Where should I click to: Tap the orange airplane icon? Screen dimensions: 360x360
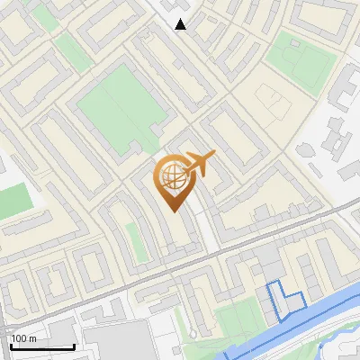pos(199,163)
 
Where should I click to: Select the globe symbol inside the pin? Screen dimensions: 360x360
pos(173,175)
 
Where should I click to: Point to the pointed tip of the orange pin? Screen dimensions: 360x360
pos(174,211)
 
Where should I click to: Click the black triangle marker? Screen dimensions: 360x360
pos(181,24)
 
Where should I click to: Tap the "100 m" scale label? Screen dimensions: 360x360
pos(24,338)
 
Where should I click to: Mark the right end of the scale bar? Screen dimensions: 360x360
pos(74,346)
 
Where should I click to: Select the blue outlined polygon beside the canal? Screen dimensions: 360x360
pos(284,300)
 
